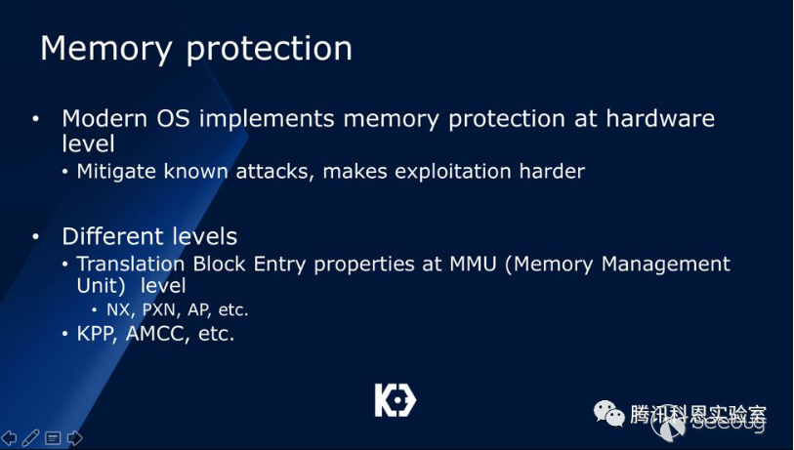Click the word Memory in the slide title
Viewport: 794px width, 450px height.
tap(105, 50)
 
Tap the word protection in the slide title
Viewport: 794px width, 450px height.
tap(270, 50)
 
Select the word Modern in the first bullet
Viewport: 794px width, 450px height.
tap(104, 118)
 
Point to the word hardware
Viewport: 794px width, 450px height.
tap(660, 118)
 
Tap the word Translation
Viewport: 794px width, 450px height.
tap(131, 264)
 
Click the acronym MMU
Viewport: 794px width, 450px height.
tap(473, 264)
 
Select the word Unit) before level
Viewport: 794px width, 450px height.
tap(101, 285)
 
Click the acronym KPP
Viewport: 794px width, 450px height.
tap(98, 334)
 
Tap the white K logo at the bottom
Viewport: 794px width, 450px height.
tap(395, 400)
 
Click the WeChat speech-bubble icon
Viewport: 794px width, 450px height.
tap(609, 413)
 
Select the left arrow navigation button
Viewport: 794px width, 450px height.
tap(9, 438)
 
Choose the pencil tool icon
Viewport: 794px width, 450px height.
tap(30, 438)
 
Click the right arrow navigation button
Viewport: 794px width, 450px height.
tap(74, 438)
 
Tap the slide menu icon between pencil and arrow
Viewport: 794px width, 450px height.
tap(53, 438)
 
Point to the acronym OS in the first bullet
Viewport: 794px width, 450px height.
tap(173, 118)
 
